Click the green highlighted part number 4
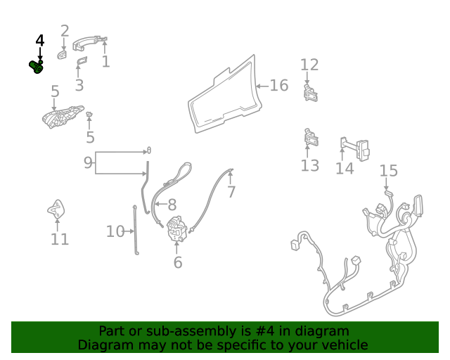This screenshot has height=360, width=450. point(37,67)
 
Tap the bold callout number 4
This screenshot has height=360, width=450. point(40,41)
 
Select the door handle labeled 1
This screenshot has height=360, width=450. point(89,43)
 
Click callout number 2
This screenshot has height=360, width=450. point(65,31)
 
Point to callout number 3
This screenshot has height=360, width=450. point(79,85)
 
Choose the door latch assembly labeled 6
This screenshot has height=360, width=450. point(176,229)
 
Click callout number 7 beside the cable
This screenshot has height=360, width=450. point(231,192)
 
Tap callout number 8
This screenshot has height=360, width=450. point(172,205)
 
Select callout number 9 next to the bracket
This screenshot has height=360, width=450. point(88,163)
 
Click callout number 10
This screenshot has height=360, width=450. point(115,231)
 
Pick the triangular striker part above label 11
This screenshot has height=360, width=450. point(56,209)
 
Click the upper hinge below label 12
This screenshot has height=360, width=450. point(311,93)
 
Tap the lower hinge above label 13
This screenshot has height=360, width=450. point(311,138)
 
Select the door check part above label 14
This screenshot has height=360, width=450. point(354,148)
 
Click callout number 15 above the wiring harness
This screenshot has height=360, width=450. point(389,171)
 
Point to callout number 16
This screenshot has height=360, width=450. point(279,86)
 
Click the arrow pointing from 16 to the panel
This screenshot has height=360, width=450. point(262,86)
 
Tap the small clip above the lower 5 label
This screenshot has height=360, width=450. point(89,115)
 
